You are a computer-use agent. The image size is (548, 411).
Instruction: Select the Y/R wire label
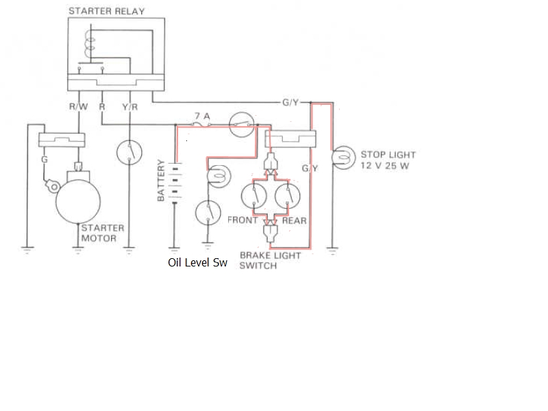[129, 108]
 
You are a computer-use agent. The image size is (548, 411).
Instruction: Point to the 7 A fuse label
[200, 116]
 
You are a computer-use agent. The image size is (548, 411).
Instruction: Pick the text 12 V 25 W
[384, 166]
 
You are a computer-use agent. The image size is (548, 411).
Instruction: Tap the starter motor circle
[78, 199]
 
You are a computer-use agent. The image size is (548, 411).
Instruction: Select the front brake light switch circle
[254, 197]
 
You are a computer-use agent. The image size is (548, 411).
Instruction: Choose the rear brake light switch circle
[288, 197]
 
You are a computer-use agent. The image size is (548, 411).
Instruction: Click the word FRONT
[242, 221]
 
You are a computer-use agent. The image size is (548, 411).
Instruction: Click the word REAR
[295, 221]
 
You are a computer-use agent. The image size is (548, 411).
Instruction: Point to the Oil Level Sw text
[197, 262]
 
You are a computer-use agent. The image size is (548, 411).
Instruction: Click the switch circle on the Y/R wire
[129, 153]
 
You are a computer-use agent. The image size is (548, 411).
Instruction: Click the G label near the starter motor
[44, 160]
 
